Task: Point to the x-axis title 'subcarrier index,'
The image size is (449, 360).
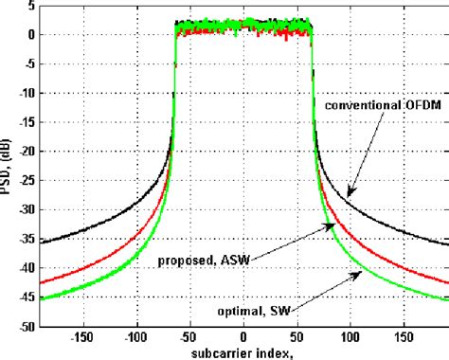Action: (x=242, y=351)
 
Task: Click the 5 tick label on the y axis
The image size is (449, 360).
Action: (x=33, y=6)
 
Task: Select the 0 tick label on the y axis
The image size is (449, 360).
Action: (x=33, y=35)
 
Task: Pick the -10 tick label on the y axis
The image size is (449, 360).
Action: (x=28, y=94)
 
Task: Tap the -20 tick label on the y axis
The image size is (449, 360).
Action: (x=28, y=152)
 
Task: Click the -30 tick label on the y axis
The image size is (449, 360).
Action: (x=28, y=210)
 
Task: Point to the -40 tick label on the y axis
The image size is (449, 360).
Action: (x=28, y=268)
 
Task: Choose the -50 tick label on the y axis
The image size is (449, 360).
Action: (x=28, y=326)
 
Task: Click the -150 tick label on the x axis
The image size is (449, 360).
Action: (x=82, y=335)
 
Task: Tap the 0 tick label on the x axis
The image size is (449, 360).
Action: (x=243, y=335)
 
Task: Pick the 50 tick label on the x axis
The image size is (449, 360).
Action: (x=296, y=335)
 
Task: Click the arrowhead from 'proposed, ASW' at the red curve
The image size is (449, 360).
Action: (x=332, y=225)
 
